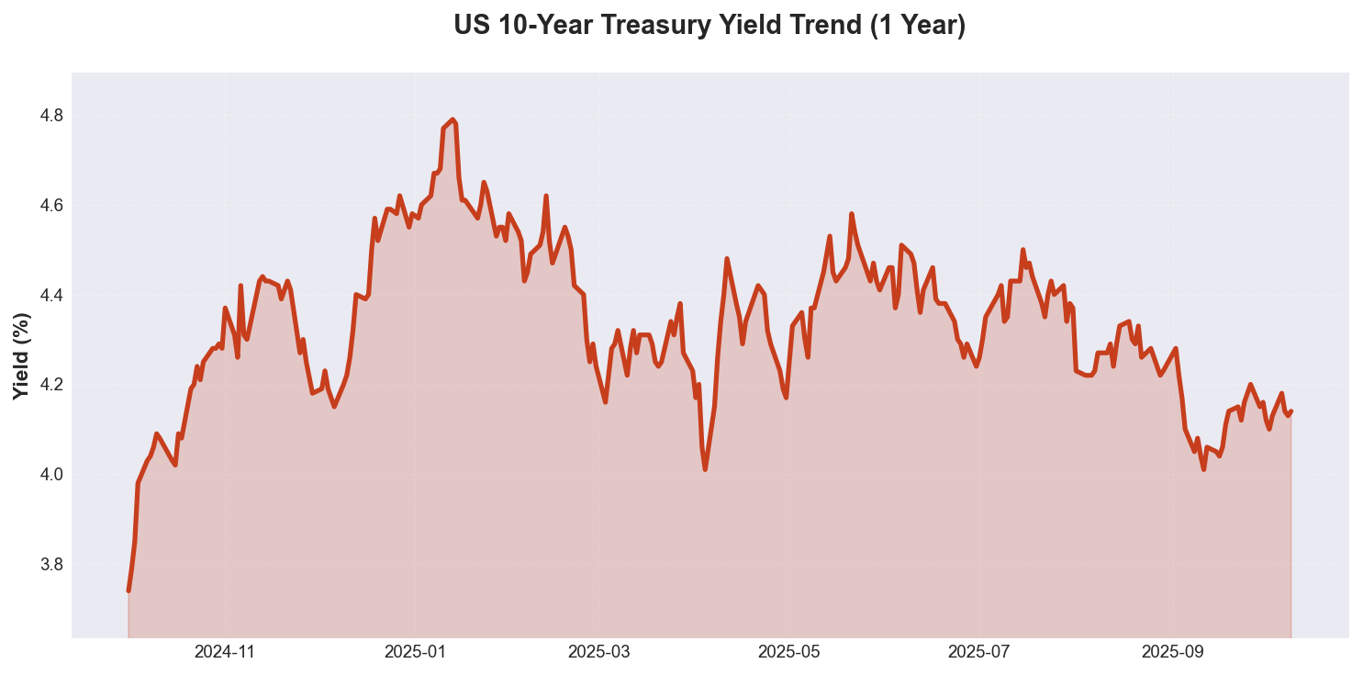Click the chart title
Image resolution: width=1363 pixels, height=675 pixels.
tap(709, 26)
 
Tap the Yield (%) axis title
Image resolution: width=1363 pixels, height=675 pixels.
tap(22, 356)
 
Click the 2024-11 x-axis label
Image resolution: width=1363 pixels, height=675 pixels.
tap(225, 653)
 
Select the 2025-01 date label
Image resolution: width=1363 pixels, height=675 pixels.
tap(415, 653)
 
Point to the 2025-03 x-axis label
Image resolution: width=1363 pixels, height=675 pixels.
tap(598, 653)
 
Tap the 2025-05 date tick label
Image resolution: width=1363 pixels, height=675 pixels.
tap(788, 653)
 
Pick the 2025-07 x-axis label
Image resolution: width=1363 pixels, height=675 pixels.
tap(978, 653)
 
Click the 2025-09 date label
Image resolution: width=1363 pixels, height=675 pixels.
tap(1171, 653)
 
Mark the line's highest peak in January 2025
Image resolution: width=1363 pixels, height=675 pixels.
tap(452, 119)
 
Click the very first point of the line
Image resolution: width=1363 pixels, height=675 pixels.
tap(128, 591)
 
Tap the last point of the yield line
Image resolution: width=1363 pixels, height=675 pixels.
tap(1290, 411)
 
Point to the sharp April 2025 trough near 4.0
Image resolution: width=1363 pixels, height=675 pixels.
tap(705, 469)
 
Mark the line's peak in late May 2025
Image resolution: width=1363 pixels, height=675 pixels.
tap(852, 214)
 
